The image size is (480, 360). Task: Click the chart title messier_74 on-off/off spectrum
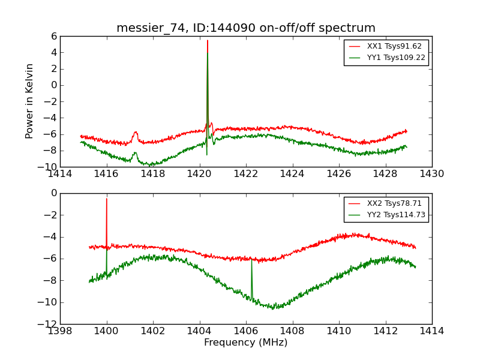click(x=246, y=28)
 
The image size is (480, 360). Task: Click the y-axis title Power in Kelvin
click(x=29, y=101)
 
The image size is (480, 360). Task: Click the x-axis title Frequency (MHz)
click(x=246, y=343)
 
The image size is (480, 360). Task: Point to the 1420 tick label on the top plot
click(x=199, y=174)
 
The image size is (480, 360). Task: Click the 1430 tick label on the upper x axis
click(x=431, y=174)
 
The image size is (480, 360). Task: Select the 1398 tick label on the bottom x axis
click(x=60, y=331)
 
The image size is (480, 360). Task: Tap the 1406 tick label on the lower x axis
click(x=246, y=331)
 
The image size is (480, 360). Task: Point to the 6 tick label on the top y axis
click(x=53, y=36)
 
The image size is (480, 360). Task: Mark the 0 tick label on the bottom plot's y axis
click(x=53, y=193)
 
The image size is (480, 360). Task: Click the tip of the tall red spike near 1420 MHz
click(x=208, y=41)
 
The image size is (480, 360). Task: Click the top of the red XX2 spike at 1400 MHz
click(x=107, y=199)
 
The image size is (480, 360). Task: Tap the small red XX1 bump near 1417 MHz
click(x=136, y=132)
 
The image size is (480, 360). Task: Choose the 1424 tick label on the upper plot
click(x=292, y=174)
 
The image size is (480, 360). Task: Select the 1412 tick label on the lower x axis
click(x=385, y=331)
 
